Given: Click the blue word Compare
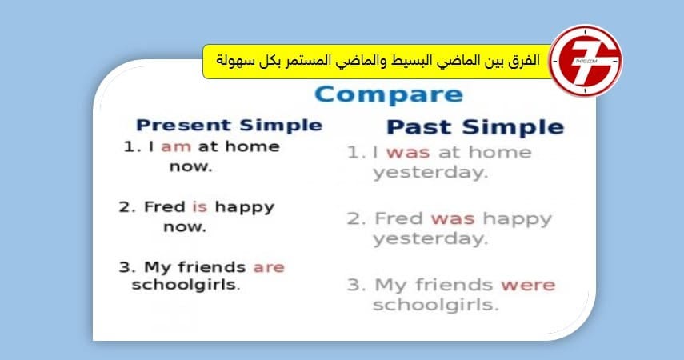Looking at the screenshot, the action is click(389, 95).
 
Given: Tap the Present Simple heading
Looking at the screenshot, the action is click(230, 126).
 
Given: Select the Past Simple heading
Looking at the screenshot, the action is click(475, 127).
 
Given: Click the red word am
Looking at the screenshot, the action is click(176, 147).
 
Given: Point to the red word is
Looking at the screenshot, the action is click(200, 206).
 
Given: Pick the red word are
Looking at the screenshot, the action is click(269, 267).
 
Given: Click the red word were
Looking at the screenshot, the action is click(528, 286).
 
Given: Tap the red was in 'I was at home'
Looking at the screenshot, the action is click(408, 153).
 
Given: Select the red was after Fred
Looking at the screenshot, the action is click(453, 219).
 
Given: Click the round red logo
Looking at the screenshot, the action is click(586, 61).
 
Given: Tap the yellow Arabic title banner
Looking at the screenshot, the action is click(378, 61).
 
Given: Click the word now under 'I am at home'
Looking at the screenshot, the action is click(190, 166).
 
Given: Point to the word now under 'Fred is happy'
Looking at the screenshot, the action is click(185, 227).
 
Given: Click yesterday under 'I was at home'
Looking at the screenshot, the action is click(430, 173).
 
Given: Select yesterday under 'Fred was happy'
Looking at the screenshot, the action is click(430, 239).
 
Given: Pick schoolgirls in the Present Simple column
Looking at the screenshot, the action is click(186, 285).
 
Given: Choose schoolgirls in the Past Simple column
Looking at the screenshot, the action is click(435, 305).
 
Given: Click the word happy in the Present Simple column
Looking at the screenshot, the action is click(244, 208).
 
